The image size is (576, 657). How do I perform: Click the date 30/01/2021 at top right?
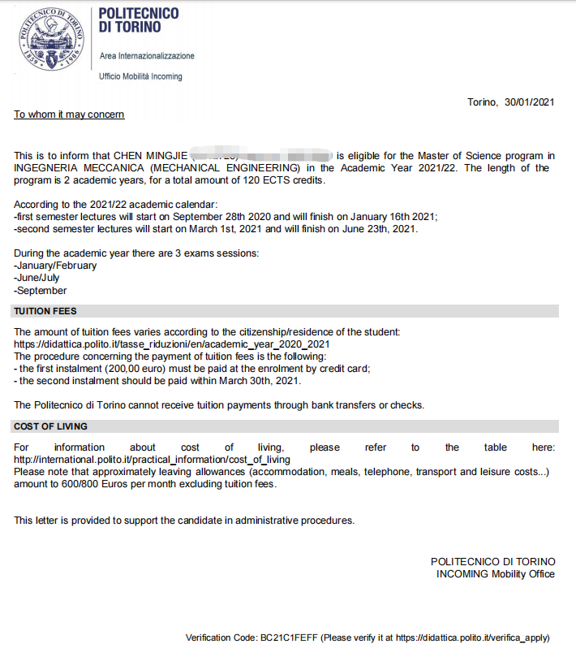pyautogui.click(x=529, y=102)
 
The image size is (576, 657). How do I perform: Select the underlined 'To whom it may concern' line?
pyautogui.click(x=69, y=115)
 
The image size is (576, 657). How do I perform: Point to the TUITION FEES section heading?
pyautogui.click(x=45, y=311)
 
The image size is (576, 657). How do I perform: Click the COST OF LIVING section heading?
pyautogui.click(x=50, y=426)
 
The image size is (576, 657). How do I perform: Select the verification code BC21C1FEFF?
pyautogui.click(x=291, y=638)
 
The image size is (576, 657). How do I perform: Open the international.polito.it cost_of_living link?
pyautogui.click(x=152, y=460)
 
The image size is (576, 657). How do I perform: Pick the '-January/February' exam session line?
pyautogui.click(x=55, y=266)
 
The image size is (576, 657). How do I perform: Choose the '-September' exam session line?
pyautogui.click(x=41, y=290)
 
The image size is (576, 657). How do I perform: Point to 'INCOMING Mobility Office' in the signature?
pyautogui.click(x=495, y=574)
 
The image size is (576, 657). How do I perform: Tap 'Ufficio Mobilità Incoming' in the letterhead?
pyautogui.click(x=140, y=76)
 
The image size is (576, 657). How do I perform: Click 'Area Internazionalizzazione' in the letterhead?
pyautogui.click(x=147, y=56)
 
